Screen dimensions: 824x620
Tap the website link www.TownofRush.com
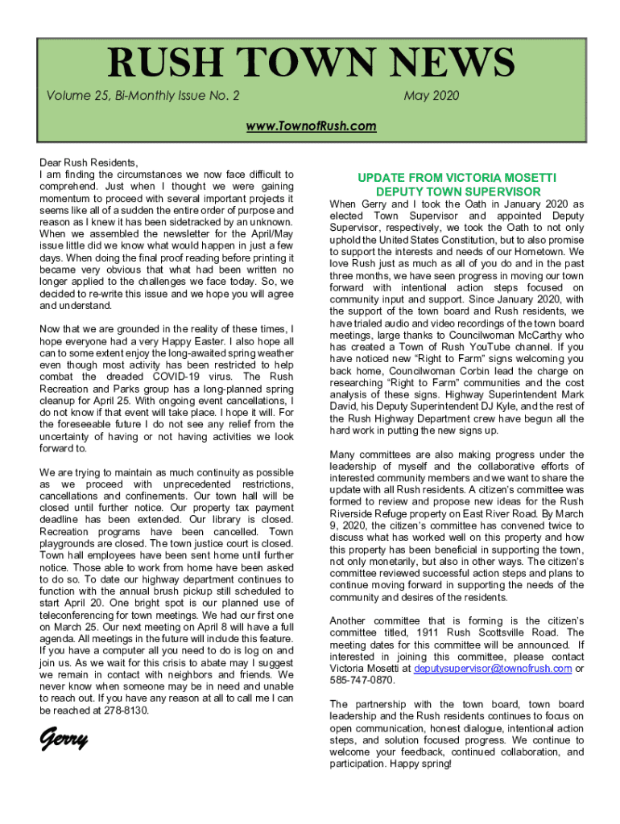(310, 126)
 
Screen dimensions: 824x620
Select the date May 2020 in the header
(432, 97)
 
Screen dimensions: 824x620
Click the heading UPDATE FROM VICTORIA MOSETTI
(457, 177)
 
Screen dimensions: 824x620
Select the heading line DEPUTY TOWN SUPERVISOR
(457, 192)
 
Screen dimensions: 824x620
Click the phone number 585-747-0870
(362, 680)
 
